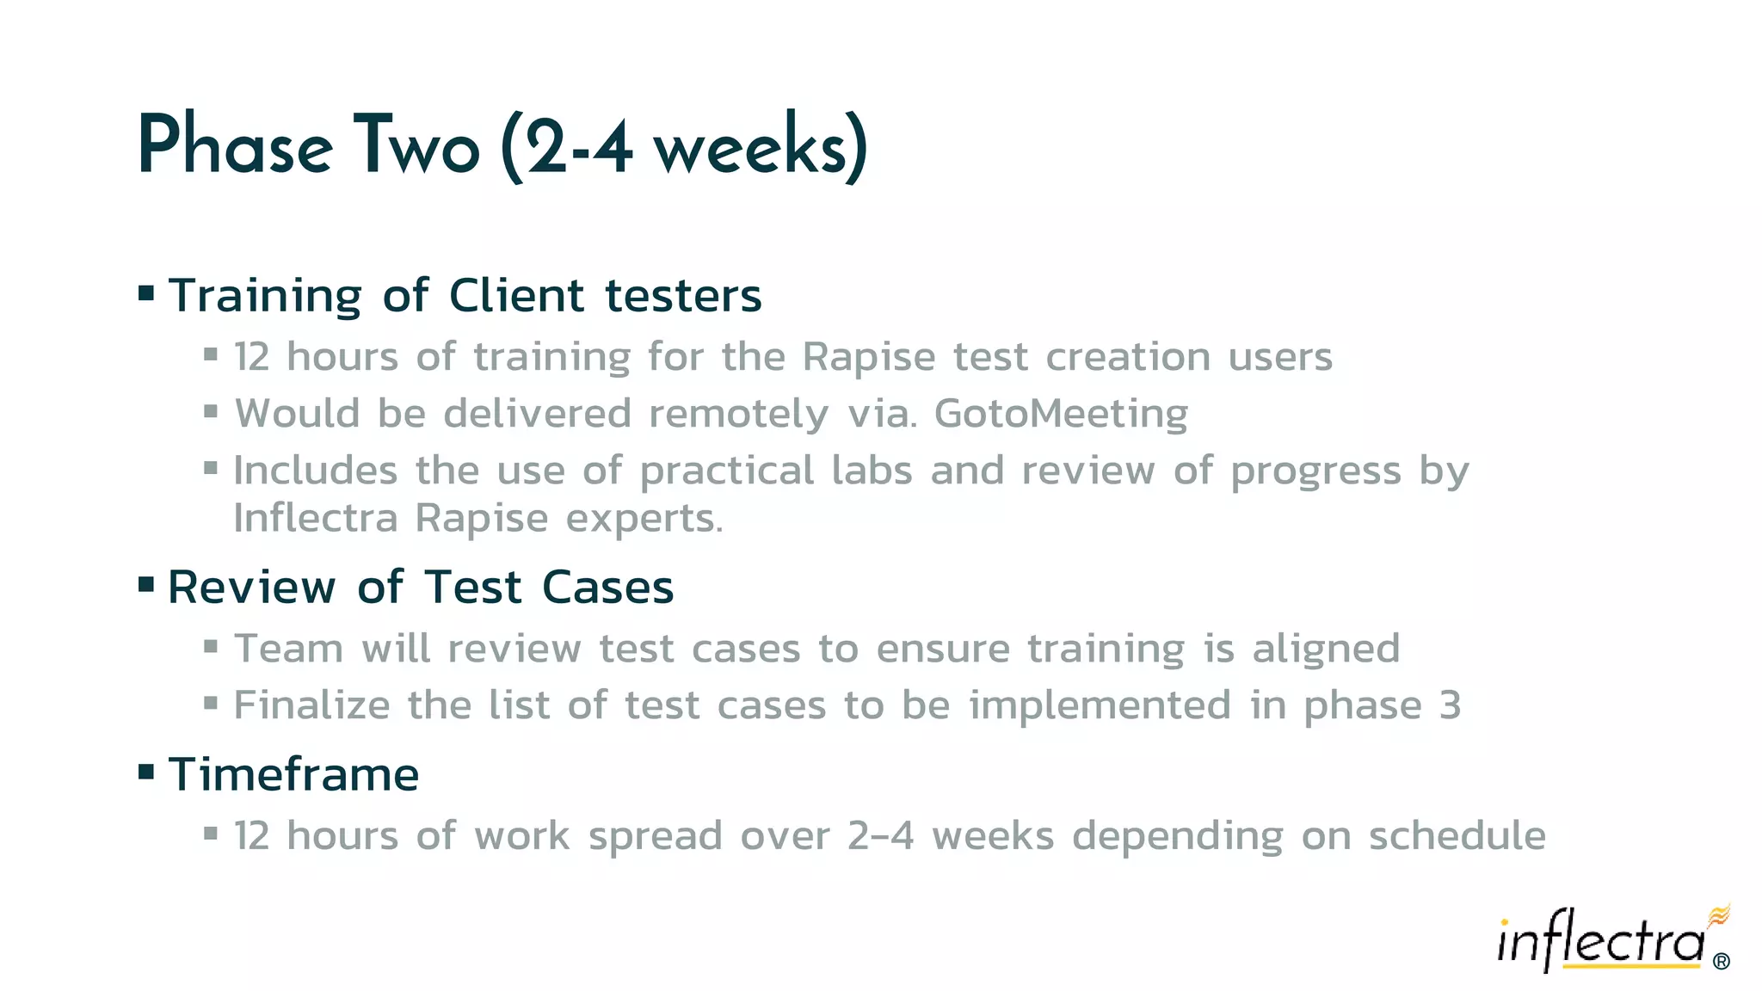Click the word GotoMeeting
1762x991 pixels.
point(1061,414)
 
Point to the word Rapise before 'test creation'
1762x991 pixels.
point(868,357)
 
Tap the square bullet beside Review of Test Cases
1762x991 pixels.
point(146,586)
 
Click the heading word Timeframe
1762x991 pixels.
point(293,774)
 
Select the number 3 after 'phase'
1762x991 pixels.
point(1450,705)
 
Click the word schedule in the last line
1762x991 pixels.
point(1457,836)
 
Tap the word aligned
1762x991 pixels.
point(1326,649)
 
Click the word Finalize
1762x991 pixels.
point(312,705)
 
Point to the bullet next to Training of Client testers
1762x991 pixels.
point(146,293)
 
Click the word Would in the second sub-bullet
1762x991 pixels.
point(297,414)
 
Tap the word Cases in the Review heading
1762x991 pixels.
point(607,588)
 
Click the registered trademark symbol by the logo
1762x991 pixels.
point(1721,961)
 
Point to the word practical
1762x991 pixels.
point(727,471)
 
